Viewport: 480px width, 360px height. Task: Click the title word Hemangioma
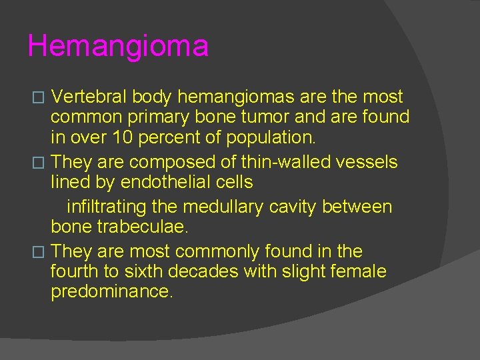(x=118, y=47)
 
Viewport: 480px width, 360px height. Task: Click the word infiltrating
(x=115, y=207)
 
